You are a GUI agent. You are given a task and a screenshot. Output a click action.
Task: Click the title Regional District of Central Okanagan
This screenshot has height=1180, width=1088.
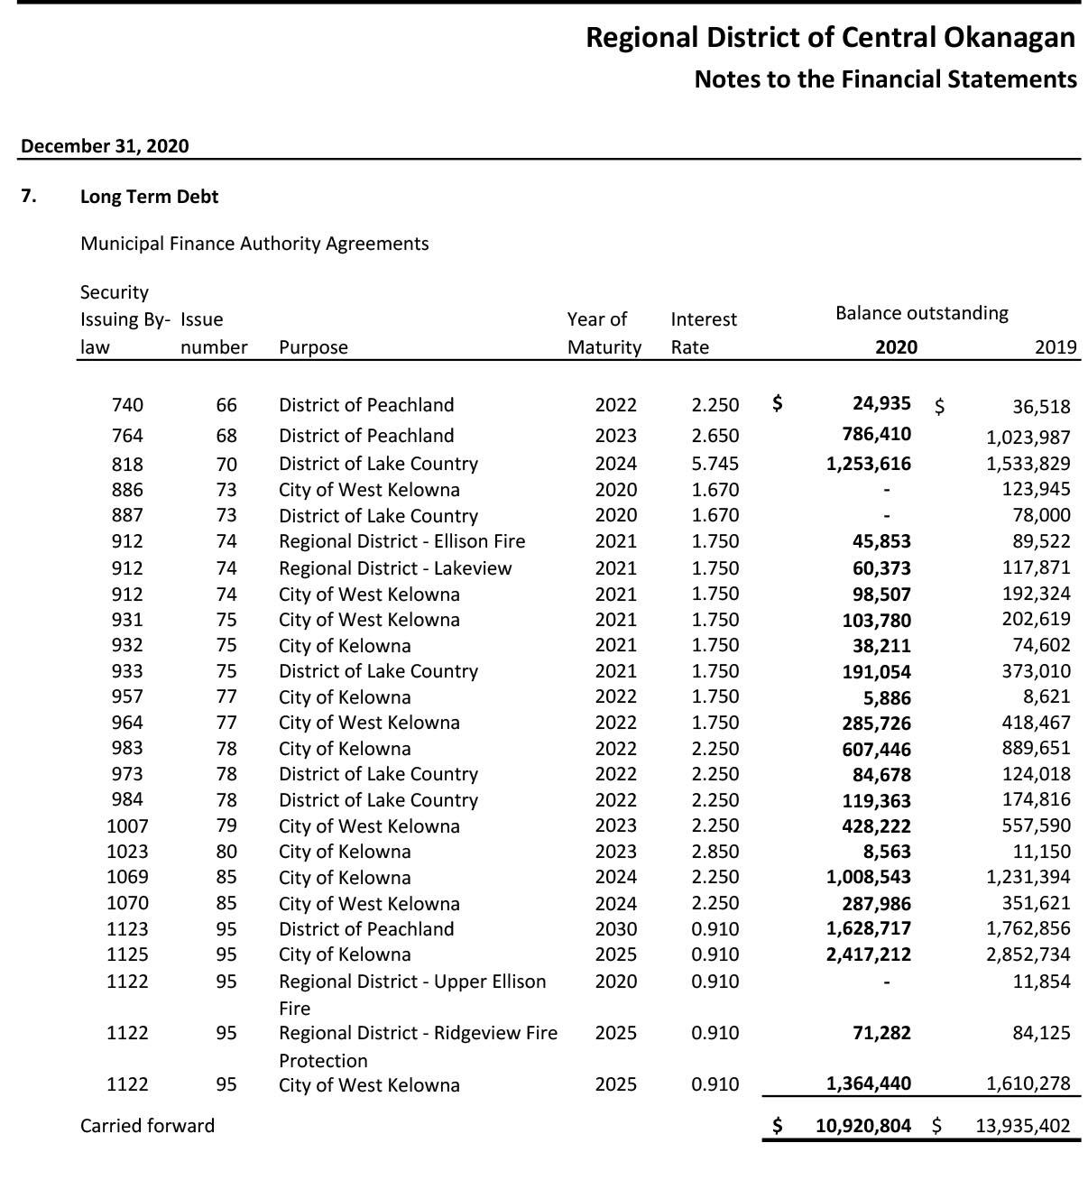point(830,38)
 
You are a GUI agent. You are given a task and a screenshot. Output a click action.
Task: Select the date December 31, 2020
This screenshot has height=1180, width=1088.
point(105,146)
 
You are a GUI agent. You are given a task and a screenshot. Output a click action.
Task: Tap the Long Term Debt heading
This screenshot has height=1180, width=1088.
point(149,197)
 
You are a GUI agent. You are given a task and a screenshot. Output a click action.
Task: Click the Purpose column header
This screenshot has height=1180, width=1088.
point(313,347)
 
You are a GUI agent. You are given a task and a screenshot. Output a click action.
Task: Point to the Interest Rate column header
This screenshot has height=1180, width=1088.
point(704,333)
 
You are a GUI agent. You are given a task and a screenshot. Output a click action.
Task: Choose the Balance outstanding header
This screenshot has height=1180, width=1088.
point(921,313)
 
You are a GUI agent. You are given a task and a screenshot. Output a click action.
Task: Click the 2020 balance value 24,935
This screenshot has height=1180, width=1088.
point(881,403)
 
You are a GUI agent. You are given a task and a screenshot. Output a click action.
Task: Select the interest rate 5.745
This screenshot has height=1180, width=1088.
point(715,464)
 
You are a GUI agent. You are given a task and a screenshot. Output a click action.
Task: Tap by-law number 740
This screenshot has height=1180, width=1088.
point(127,405)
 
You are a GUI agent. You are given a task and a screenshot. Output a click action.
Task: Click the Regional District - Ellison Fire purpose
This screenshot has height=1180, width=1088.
point(401,541)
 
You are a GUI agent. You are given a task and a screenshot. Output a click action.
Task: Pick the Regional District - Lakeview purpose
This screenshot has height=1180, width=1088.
point(394,568)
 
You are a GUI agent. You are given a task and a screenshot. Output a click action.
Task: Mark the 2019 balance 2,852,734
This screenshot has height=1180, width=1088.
point(1028,954)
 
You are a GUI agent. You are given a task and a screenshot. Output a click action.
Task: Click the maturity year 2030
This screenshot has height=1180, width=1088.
point(615,929)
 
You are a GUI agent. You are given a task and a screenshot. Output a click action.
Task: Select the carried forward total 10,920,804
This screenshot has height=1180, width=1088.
point(862,1126)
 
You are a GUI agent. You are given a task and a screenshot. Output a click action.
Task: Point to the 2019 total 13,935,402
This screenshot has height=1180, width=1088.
point(1022,1126)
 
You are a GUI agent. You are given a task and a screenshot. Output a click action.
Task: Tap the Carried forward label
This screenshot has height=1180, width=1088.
point(147,1126)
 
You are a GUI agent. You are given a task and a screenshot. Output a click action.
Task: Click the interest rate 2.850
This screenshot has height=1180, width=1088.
point(715,852)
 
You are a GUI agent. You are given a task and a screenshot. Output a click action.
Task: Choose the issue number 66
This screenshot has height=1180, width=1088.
point(226,405)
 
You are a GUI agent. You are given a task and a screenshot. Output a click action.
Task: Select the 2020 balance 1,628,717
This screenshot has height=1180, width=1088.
point(868,928)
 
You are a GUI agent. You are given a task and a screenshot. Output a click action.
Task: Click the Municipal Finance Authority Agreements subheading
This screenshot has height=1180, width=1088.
point(254,244)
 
